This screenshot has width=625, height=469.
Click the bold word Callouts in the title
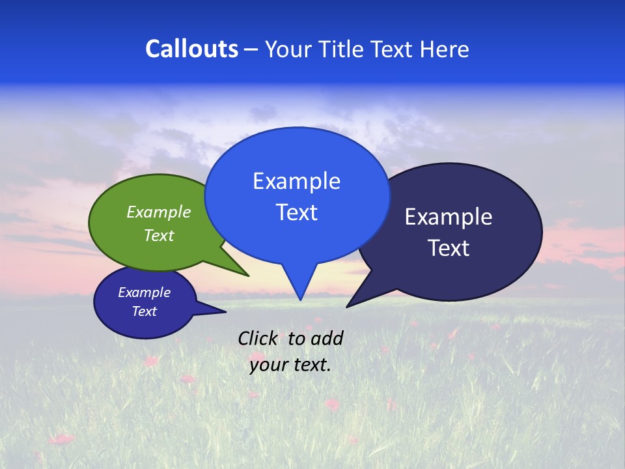click(191, 49)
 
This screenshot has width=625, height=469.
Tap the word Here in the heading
click(444, 49)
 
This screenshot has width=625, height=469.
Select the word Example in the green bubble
click(159, 212)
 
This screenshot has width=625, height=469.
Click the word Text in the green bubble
click(159, 235)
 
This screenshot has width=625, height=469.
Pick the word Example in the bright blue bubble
click(296, 181)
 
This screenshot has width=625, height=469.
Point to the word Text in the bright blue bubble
click(296, 212)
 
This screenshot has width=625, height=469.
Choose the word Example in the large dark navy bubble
click(449, 217)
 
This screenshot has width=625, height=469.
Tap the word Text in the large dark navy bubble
click(449, 248)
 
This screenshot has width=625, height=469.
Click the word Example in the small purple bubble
click(145, 292)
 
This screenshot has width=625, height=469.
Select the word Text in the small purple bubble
click(145, 311)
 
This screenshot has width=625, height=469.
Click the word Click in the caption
click(258, 338)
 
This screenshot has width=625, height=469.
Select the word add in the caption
click(327, 338)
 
